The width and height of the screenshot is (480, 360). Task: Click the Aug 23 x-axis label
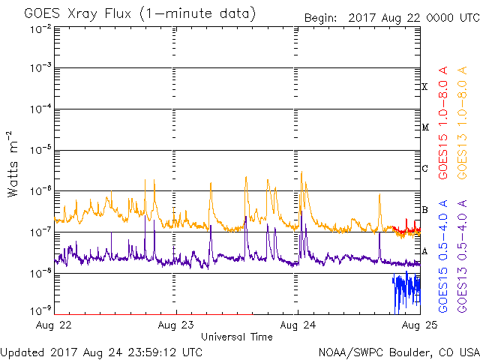pyautogui.click(x=175, y=325)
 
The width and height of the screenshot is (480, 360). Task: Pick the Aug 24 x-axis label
pyautogui.click(x=298, y=325)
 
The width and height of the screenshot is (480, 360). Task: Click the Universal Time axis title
pyautogui.click(x=236, y=337)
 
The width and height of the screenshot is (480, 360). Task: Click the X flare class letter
pyautogui.click(x=424, y=87)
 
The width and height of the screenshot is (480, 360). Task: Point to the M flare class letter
pyautogui.click(x=424, y=127)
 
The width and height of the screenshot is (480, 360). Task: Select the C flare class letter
pyautogui.click(x=424, y=168)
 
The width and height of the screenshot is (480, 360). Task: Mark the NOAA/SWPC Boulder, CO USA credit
pyautogui.click(x=397, y=352)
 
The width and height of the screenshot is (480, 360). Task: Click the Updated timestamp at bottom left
pyautogui.click(x=101, y=352)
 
